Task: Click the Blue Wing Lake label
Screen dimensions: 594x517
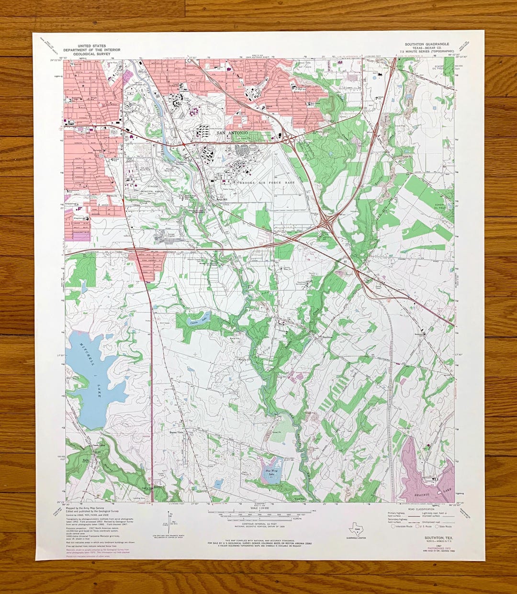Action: tap(271, 472)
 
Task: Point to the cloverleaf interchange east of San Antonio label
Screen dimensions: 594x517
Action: tap(289, 139)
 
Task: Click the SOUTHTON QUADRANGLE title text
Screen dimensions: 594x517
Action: tap(427, 44)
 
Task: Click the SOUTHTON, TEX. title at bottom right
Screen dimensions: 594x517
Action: tap(436, 538)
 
